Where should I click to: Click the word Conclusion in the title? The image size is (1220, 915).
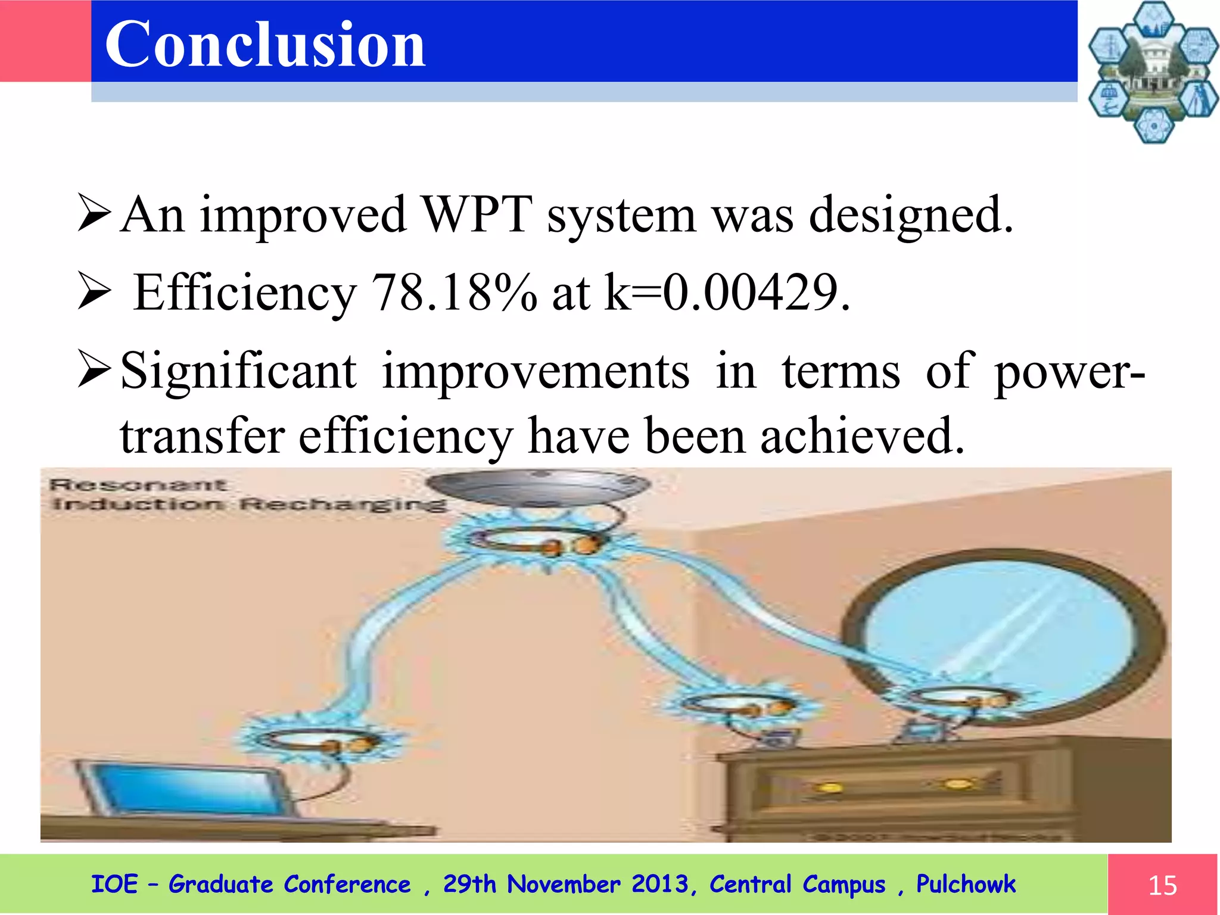[x=265, y=44]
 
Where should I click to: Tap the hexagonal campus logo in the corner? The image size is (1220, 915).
[x=1153, y=71]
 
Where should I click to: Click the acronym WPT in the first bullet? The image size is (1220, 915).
[x=477, y=215]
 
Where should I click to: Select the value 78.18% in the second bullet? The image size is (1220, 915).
[x=454, y=292]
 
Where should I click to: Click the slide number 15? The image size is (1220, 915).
[x=1162, y=885]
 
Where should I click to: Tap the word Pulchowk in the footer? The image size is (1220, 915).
[x=966, y=884]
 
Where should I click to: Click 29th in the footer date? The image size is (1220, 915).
[x=469, y=884]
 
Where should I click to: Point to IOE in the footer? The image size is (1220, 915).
[x=114, y=884]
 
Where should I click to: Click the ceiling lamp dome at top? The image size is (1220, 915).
[x=539, y=485]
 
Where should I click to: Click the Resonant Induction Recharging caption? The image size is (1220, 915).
[x=247, y=495]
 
